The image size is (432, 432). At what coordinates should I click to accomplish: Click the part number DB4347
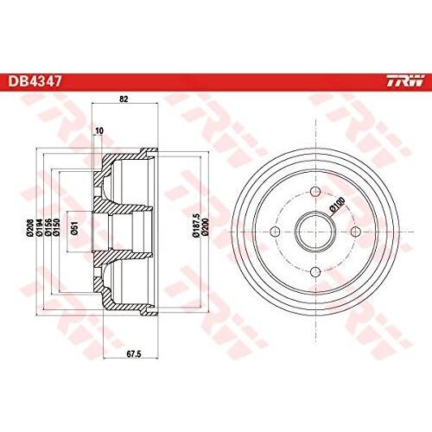pos(35,81)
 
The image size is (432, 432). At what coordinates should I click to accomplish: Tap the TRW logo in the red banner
pos(405,80)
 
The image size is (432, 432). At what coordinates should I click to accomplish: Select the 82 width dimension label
pos(124,99)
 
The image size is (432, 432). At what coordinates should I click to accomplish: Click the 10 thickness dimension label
pos(99,130)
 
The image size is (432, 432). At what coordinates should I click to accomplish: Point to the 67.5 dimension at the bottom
pos(134,354)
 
